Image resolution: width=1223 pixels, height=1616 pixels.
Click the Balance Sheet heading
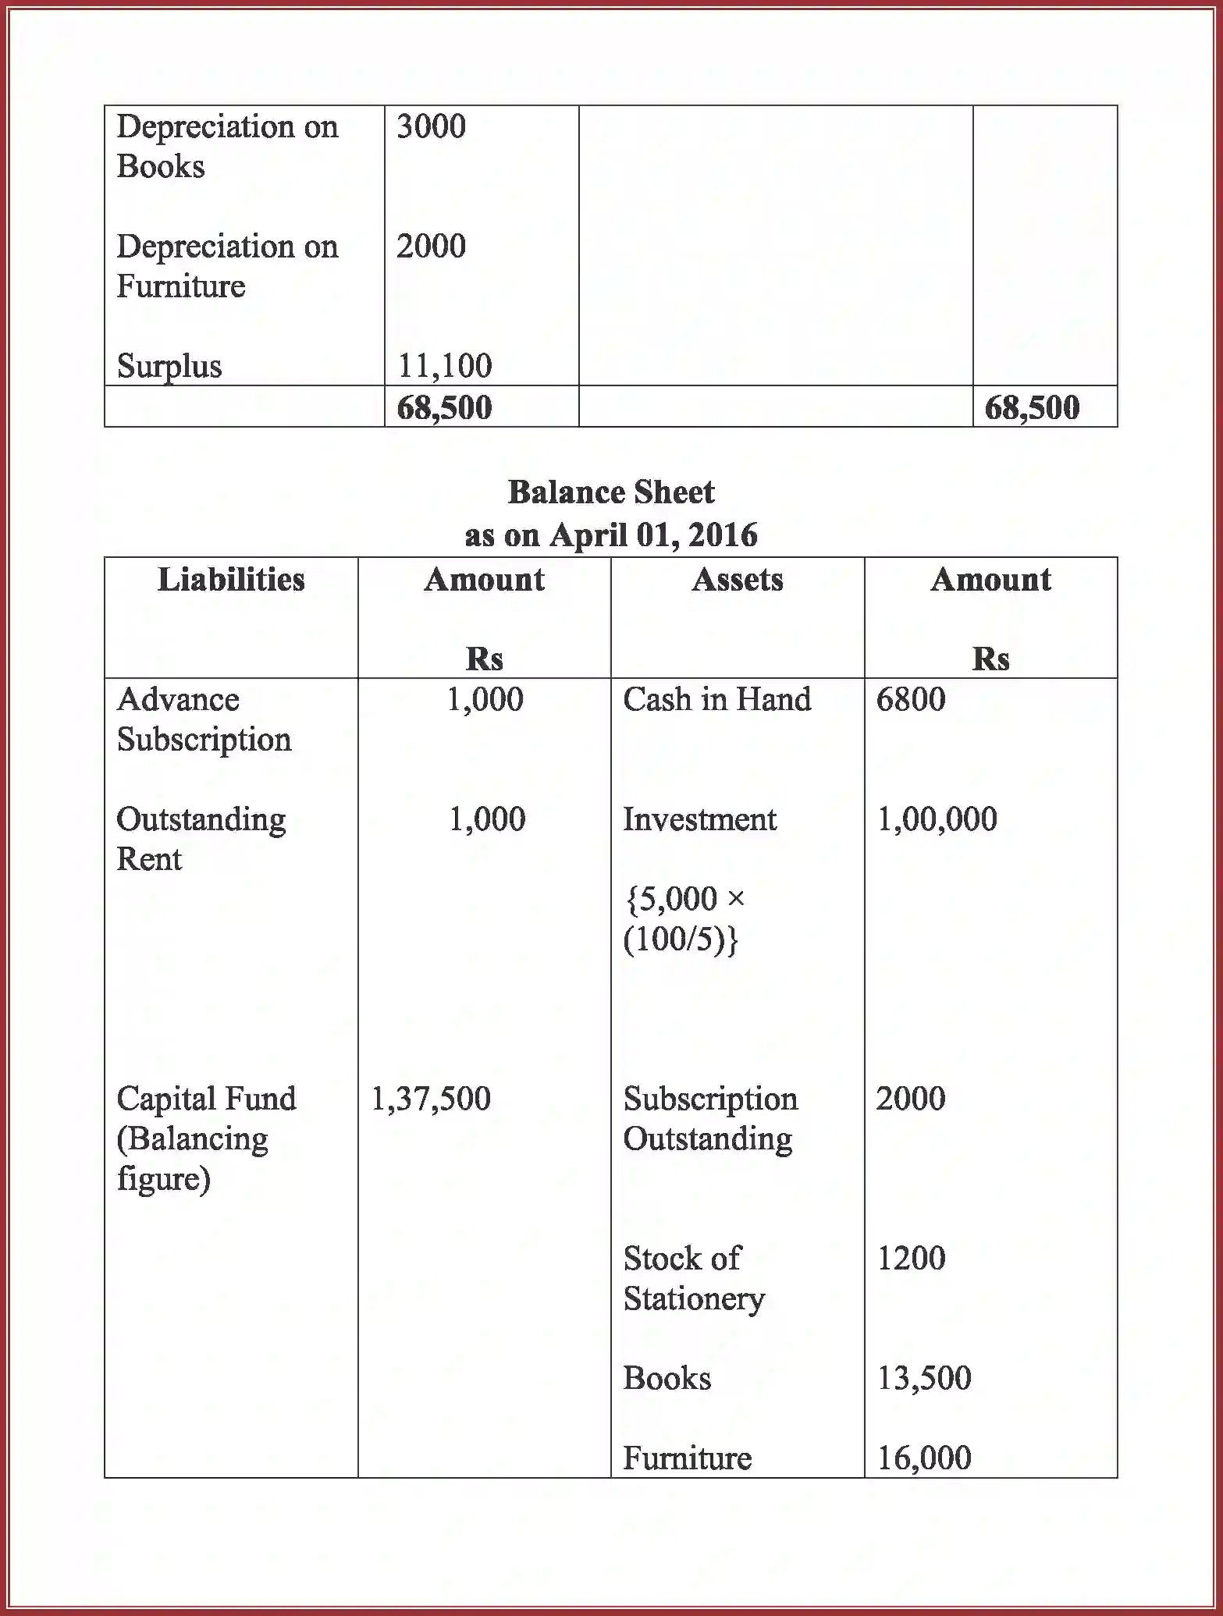[611, 492]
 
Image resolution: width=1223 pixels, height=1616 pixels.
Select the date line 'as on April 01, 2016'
[611, 535]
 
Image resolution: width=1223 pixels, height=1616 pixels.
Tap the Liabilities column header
[231, 580]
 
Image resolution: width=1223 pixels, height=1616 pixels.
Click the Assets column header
[737, 580]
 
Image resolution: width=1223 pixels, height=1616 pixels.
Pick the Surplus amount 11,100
[445, 365]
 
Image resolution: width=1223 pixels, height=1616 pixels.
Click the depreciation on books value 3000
[431, 126]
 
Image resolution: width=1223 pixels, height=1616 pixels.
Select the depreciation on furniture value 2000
[431, 247]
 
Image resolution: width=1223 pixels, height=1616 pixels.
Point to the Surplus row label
[169, 366]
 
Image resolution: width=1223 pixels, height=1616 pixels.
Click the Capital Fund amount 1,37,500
[431, 1099]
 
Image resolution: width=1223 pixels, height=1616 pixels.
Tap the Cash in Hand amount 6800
[910, 699]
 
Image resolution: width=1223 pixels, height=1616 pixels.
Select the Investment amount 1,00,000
[937, 819]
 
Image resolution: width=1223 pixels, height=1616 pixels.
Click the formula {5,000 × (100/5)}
[683, 919]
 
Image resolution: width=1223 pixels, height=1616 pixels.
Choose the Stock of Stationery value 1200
[910, 1258]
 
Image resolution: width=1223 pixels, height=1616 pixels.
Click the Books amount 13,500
[924, 1378]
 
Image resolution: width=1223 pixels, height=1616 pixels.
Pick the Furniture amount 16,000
[924, 1458]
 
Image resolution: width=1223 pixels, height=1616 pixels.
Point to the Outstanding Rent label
[201, 839]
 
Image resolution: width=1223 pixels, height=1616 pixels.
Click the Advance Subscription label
[204, 719]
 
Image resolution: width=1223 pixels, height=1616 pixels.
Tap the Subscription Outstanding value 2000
[910, 1099]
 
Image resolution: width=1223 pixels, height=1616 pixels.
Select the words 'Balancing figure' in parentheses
[192, 1159]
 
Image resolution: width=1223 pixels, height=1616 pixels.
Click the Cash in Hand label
[716, 699]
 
